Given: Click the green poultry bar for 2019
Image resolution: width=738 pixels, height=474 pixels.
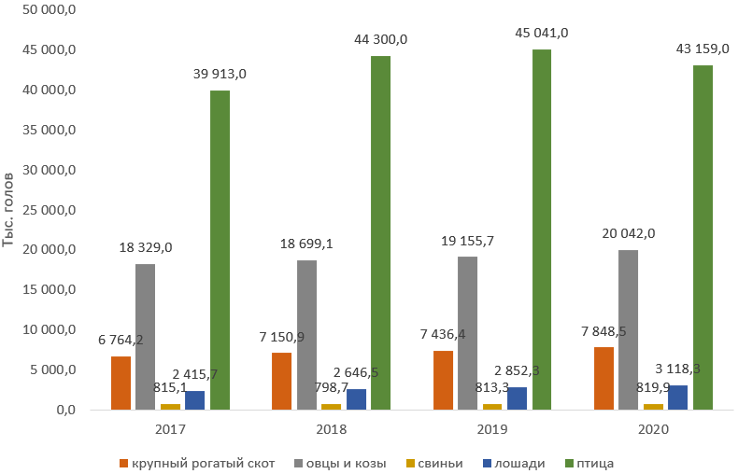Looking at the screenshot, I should (542, 229).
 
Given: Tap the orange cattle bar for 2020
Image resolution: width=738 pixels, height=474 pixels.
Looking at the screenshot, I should (604, 378).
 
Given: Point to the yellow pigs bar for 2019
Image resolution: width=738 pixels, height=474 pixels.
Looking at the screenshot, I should (493, 406).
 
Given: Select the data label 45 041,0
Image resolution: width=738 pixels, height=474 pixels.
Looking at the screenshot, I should (542, 33).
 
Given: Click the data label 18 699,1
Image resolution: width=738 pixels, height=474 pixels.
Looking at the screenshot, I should (306, 244).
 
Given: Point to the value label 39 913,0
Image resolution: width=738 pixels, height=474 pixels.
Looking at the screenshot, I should (220, 74).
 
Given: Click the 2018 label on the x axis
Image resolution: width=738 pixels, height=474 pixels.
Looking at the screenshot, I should (332, 430).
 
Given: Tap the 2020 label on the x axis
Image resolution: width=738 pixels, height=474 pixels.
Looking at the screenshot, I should (654, 430).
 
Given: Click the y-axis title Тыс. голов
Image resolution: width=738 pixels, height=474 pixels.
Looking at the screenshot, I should (9, 210).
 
